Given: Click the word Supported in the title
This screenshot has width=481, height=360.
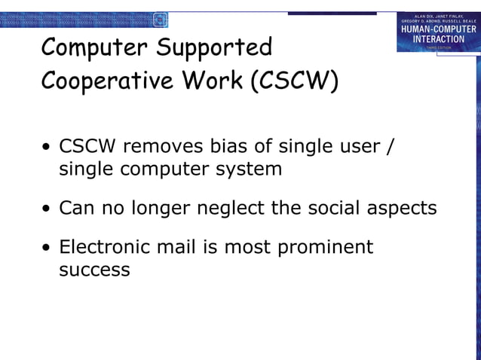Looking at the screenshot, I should (214, 48).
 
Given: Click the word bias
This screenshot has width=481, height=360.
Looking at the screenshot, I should (234, 145).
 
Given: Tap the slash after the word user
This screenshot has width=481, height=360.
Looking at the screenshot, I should (389, 145).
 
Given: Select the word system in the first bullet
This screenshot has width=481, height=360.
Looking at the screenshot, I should (246, 169).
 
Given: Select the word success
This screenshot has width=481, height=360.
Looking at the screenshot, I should (94, 270).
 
